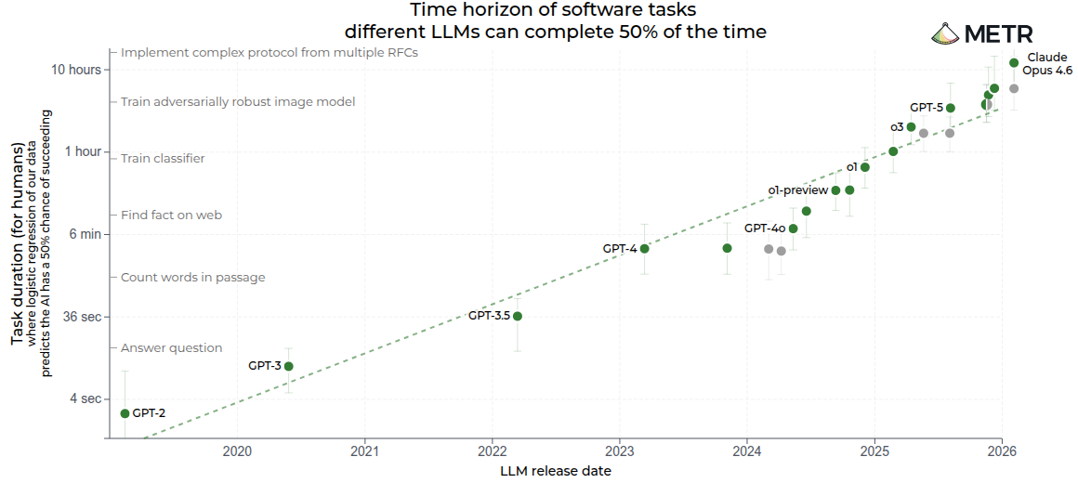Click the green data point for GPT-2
point(125,413)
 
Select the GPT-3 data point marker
point(289,366)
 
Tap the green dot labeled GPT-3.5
point(518,316)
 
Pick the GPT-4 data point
point(645,248)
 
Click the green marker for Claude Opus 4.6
point(1014,63)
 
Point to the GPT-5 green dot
point(951,108)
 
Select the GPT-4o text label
point(765,228)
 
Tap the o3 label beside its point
point(897,126)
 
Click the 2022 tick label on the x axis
point(492,452)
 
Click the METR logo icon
point(945,34)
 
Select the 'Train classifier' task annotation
point(163,158)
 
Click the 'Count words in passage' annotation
point(192,277)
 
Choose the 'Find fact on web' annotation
point(171,215)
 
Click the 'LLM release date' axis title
point(556,471)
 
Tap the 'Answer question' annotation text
point(171,347)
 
